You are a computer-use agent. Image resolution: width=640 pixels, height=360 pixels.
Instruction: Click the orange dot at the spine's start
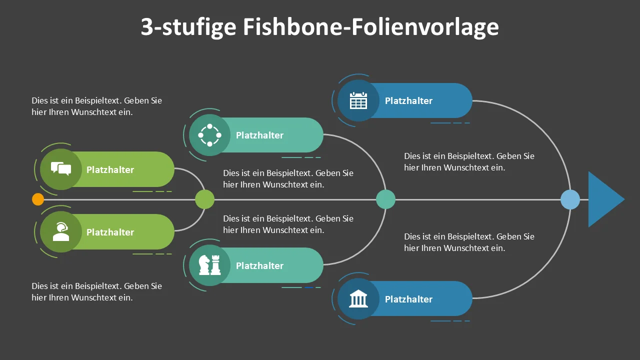[37, 199]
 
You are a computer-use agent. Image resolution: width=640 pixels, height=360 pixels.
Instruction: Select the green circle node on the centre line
[204, 199]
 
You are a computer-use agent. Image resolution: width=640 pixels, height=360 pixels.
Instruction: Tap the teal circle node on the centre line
[385, 199]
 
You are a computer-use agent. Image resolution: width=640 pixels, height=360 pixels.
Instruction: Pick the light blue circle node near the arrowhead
[570, 199]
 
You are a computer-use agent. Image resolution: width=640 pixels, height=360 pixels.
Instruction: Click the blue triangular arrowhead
[603, 199]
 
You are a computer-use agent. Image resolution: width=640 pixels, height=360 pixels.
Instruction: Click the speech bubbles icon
[61, 168]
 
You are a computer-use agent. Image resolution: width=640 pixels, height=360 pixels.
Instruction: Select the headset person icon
[61, 231]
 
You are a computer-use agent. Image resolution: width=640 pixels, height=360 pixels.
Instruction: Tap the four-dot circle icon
[209, 135]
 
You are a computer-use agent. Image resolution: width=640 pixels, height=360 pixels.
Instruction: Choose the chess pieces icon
[209, 265]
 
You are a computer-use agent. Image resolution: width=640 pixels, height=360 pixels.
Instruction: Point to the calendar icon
[358, 100]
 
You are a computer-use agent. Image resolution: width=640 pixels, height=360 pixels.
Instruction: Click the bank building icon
[358, 299]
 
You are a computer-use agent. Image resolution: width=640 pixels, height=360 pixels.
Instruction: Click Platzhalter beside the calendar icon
[408, 100]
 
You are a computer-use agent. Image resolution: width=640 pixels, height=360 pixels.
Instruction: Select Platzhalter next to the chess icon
[259, 265]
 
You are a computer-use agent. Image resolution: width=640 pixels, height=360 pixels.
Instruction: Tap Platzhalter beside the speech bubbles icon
[110, 169]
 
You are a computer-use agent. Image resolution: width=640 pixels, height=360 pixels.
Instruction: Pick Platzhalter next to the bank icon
[408, 299]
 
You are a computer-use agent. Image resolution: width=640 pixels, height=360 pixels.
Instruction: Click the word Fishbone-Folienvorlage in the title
[371, 26]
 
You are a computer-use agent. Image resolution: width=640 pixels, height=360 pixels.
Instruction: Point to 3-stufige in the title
[188, 27]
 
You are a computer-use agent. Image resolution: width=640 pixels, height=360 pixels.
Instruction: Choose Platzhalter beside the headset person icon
[110, 232]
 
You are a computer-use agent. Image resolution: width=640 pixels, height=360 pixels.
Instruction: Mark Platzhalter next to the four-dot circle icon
[259, 135]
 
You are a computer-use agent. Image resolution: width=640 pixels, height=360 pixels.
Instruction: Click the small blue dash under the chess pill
[308, 287]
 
